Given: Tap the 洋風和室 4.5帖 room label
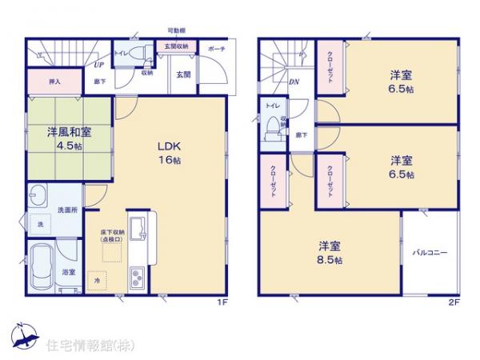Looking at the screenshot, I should (x=62, y=139).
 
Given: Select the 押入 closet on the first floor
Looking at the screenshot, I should (x=47, y=81).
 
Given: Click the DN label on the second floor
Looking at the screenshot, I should (x=294, y=82).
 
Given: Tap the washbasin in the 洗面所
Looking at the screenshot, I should (x=39, y=195).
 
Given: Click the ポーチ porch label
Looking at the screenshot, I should (x=217, y=49).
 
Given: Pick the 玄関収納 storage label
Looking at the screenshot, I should (x=177, y=47).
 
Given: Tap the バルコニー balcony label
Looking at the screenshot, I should (x=429, y=253).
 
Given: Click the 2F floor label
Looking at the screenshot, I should (x=454, y=302).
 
